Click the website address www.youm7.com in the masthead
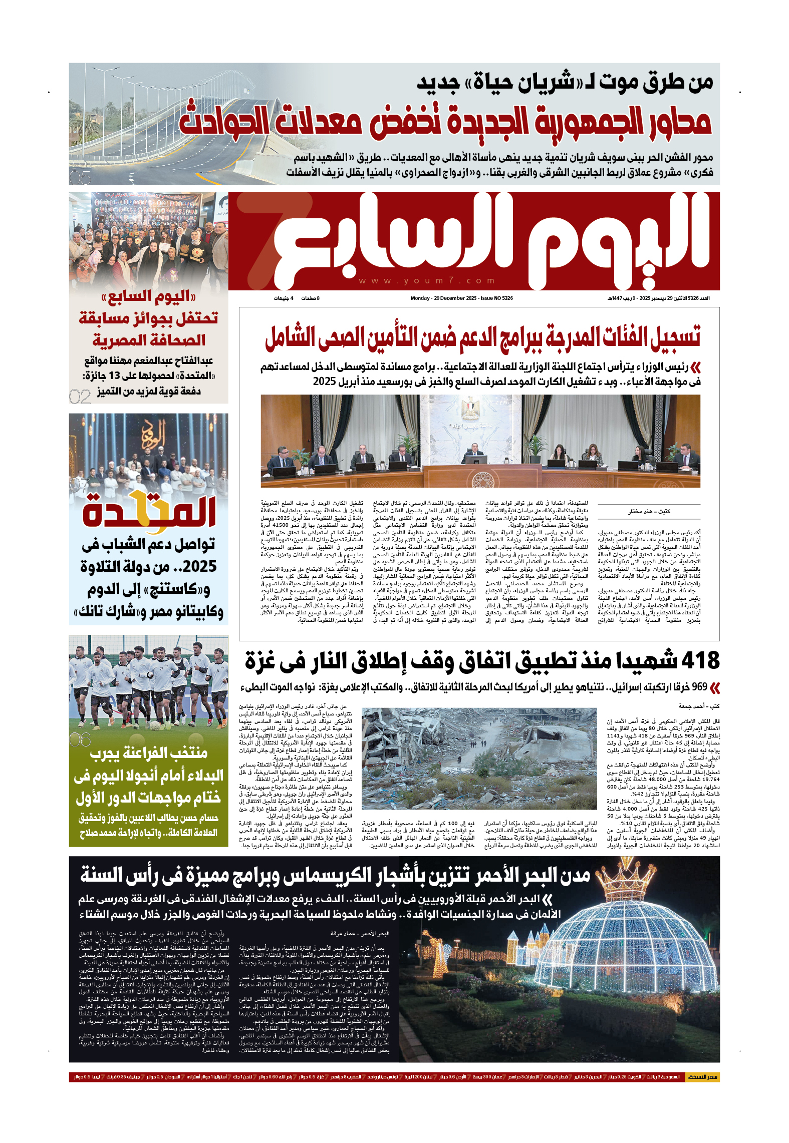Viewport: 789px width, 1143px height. [x=427, y=281]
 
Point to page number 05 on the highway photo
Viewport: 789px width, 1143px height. [x=80, y=177]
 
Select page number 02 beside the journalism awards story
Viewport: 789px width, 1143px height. [x=80, y=397]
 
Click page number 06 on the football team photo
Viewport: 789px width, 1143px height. [x=80, y=739]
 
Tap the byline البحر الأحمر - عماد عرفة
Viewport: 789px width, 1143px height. [x=360, y=934]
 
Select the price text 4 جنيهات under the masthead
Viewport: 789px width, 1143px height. [x=283, y=298]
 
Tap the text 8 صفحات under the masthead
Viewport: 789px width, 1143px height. [x=310, y=298]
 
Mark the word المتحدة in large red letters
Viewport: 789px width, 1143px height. [x=149, y=512]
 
